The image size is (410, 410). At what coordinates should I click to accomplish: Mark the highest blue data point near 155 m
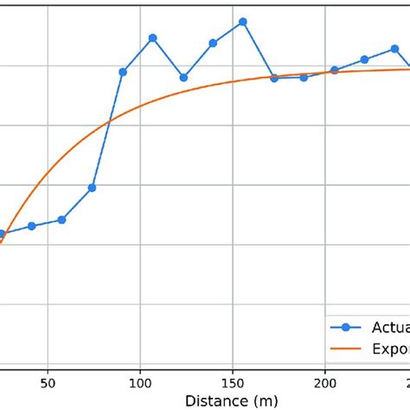point(243,22)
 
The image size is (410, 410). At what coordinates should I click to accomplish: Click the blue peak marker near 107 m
point(152,38)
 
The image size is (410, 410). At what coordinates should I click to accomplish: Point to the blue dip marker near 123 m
point(183,77)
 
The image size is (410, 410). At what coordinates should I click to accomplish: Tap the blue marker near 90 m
point(123,72)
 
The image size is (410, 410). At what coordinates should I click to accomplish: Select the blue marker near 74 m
point(93,188)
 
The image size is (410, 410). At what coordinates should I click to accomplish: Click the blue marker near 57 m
point(61,220)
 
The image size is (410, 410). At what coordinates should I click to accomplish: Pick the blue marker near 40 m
point(32,226)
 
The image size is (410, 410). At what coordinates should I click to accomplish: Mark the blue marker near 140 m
point(213,42)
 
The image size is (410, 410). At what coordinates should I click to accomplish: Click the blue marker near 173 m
point(274,78)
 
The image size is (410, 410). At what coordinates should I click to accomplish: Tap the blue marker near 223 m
point(364,60)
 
